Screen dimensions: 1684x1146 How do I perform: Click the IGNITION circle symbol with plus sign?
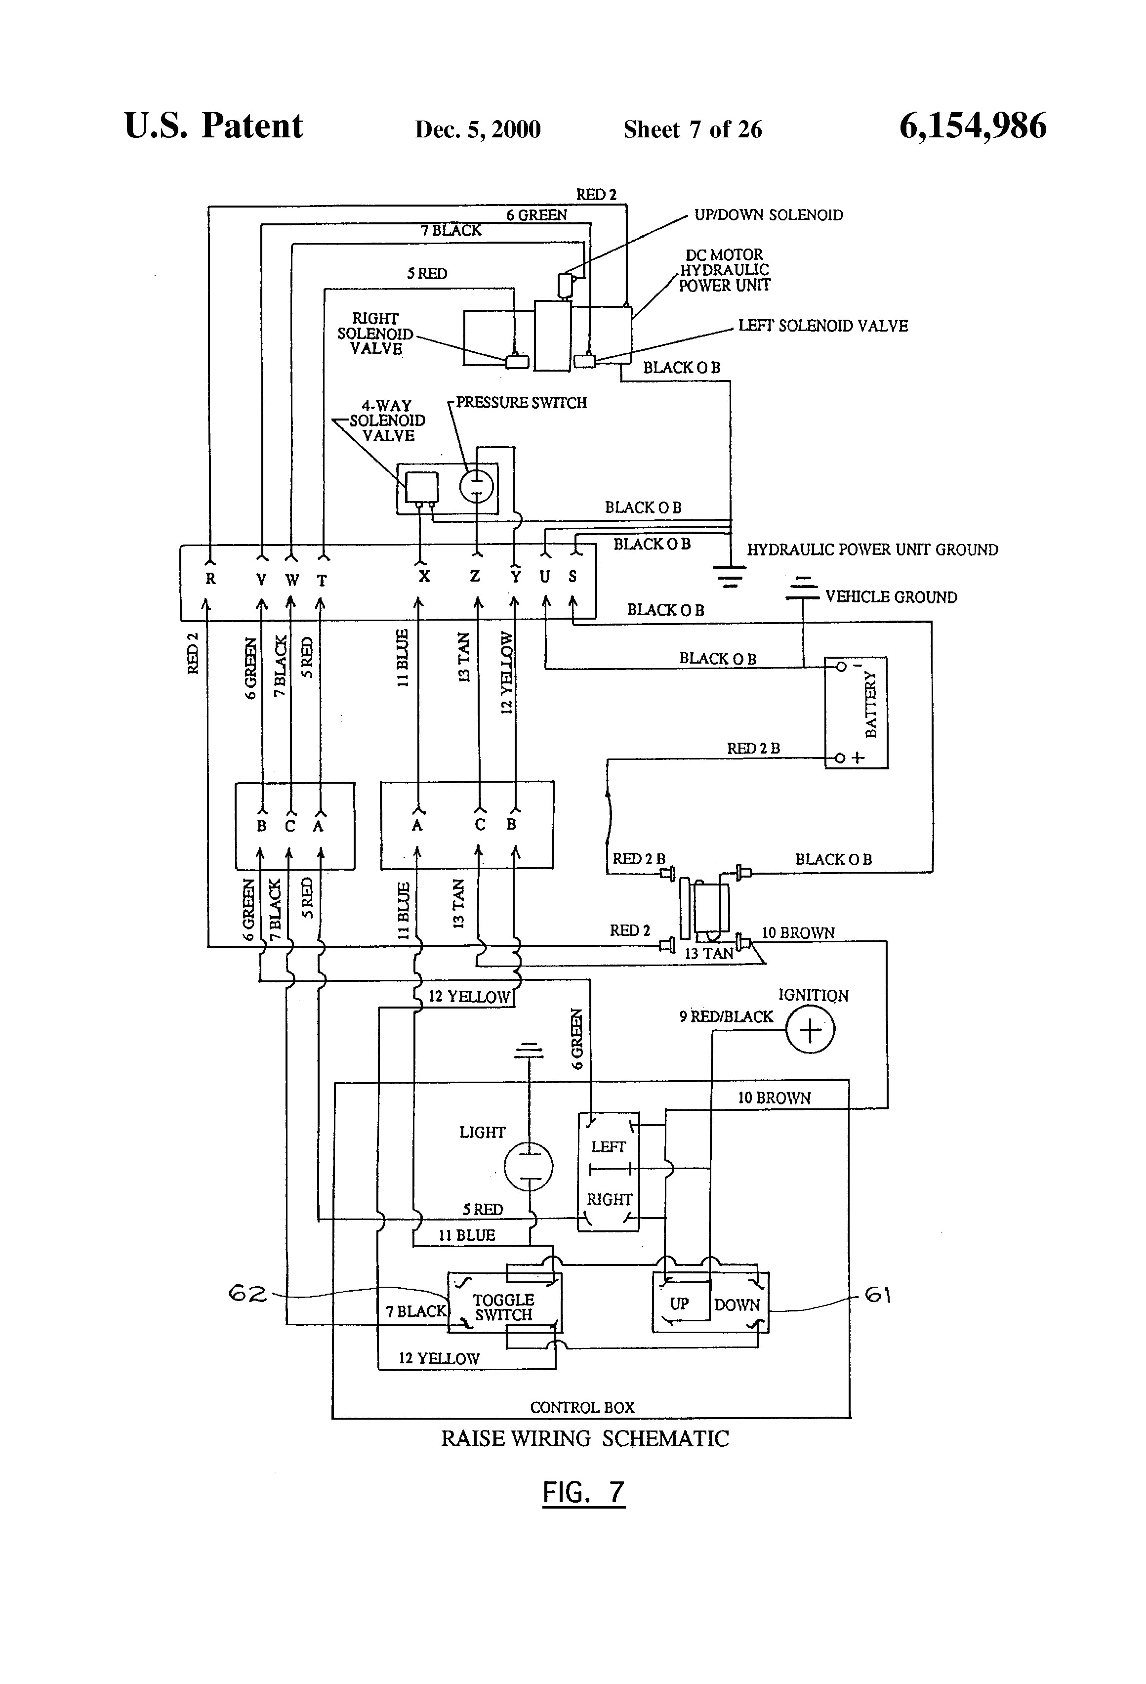(810, 1030)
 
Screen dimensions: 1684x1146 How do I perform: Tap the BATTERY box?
(856, 713)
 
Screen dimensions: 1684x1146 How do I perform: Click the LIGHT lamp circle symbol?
(529, 1167)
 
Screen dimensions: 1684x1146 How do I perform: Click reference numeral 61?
(878, 1295)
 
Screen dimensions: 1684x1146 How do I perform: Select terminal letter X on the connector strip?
(424, 577)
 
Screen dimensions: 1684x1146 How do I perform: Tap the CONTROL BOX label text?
(582, 1407)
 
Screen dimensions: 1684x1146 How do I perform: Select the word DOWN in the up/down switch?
(737, 1305)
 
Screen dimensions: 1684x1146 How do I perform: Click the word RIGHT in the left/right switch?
(609, 1200)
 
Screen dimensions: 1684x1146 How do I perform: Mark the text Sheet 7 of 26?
(692, 129)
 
